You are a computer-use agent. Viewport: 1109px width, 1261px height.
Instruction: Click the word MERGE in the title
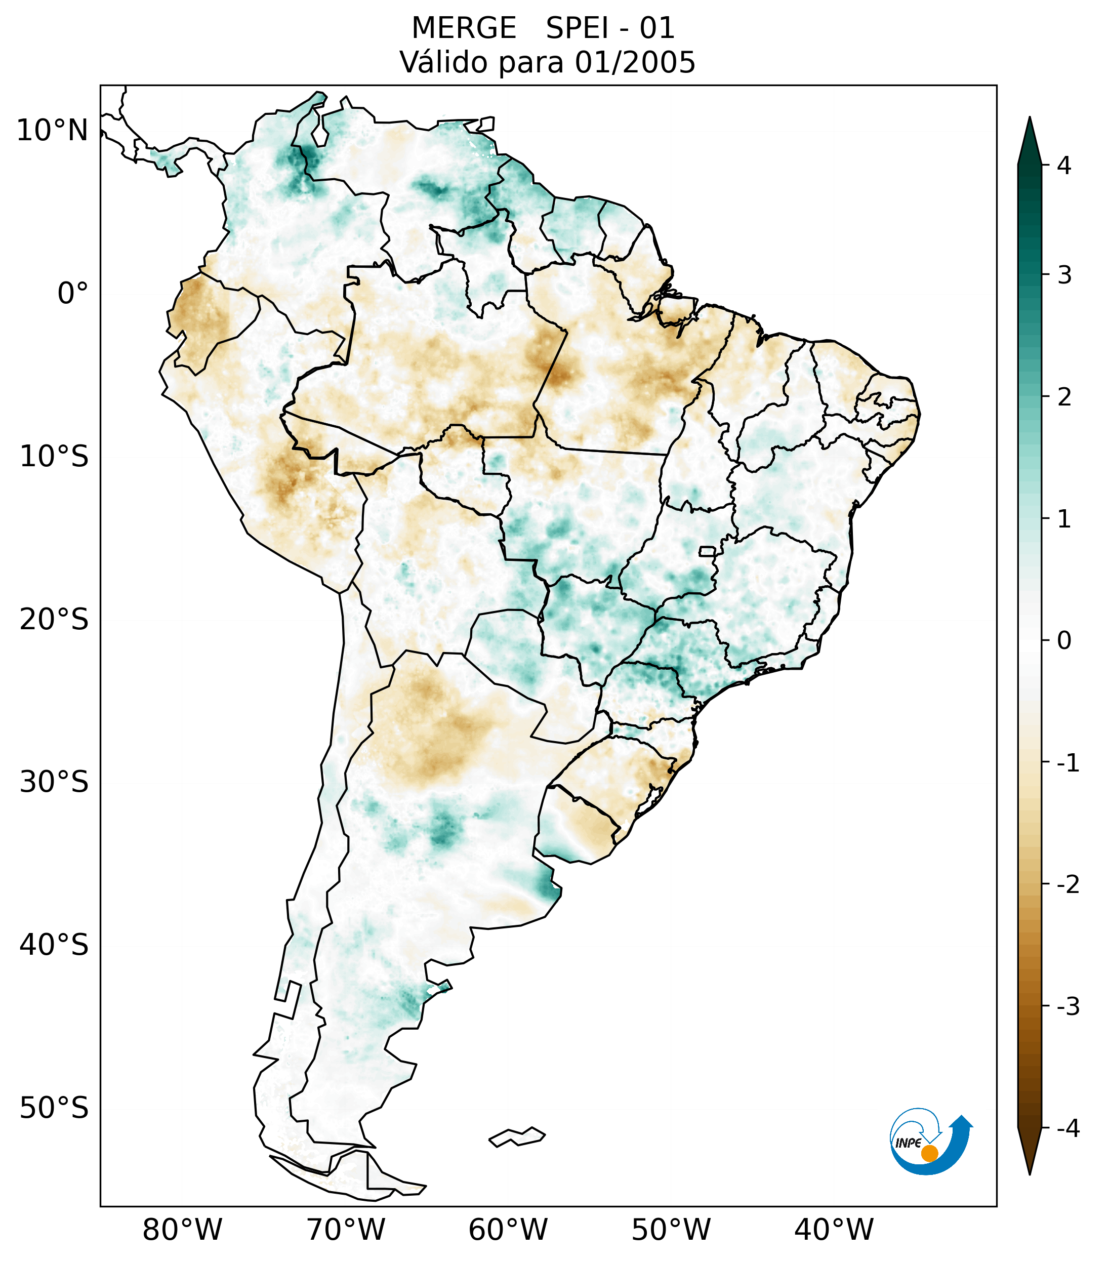(x=463, y=28)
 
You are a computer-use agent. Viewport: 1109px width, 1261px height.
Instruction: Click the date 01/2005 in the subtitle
(x=635, y=62)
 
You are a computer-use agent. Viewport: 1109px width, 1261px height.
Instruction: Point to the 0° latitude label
(x=73, y=294)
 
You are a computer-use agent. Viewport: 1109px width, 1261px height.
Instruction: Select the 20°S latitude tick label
(x=54, y=620)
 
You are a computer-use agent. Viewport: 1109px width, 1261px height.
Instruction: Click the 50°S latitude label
(x=54, y=1109)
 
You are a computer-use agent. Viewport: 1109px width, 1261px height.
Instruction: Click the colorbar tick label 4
(x=1064, y=166)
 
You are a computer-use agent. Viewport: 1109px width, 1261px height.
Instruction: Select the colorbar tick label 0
(x=1064, y=641)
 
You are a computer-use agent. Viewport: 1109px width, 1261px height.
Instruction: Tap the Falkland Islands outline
(x=517, y=1136)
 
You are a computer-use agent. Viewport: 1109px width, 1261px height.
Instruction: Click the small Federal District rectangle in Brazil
(x=707, y=551)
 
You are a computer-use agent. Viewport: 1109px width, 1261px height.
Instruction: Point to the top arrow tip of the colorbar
(x=1030, y=118)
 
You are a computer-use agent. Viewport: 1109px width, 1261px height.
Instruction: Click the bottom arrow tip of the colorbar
(x=1030, y=1174)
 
